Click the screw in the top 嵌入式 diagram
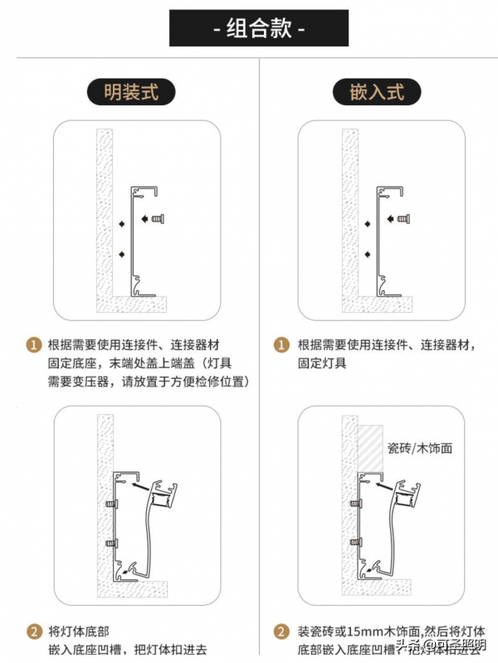(x=403, y=219)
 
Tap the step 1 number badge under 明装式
(x=34, y=344)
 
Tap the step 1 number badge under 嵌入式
(x=282, y=344)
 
